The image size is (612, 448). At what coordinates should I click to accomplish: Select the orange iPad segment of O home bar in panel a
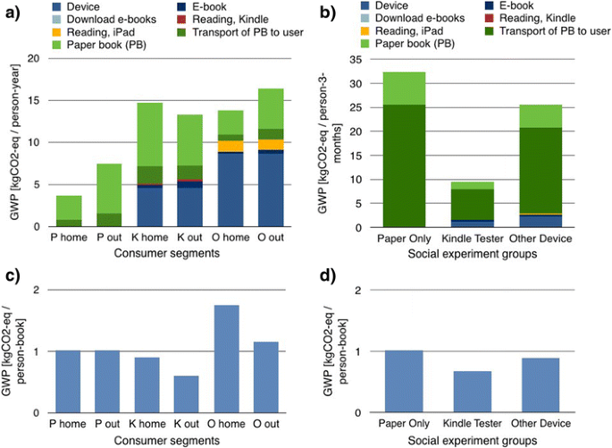pyautogui.click(x=231, y=146)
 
